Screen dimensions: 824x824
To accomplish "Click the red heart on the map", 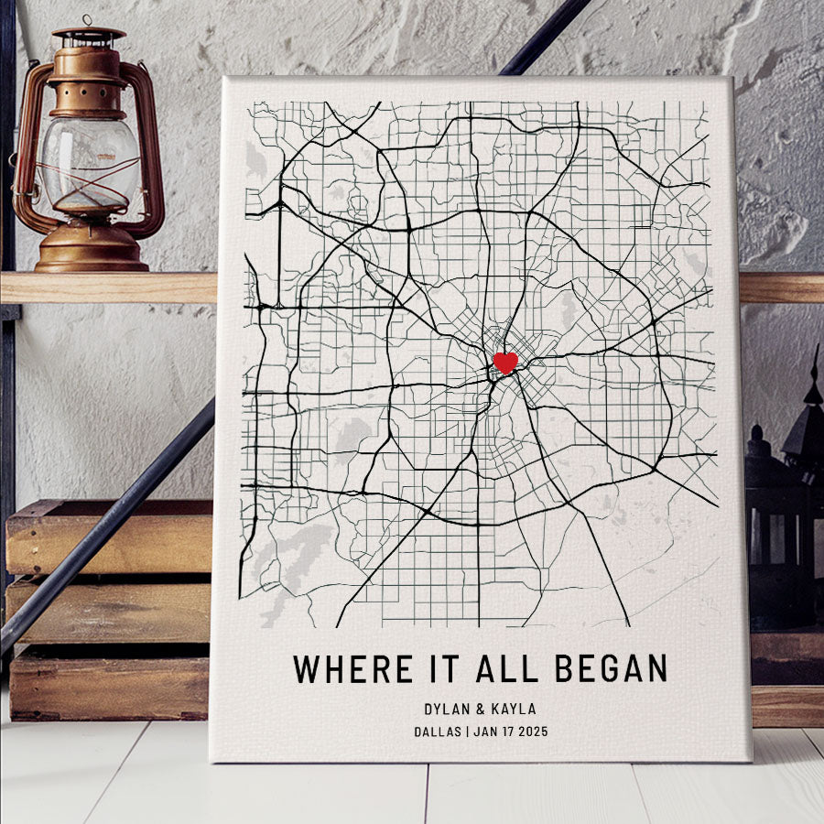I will pyautogui.click(x=505, y=363).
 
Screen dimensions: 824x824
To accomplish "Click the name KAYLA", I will pyautogui.click(x=514, y=709).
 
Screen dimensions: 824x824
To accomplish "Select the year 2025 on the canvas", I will pyautogui.click(x=530, y=732).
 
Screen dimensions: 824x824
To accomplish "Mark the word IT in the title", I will pyautogui.click(x=442, y=669).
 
